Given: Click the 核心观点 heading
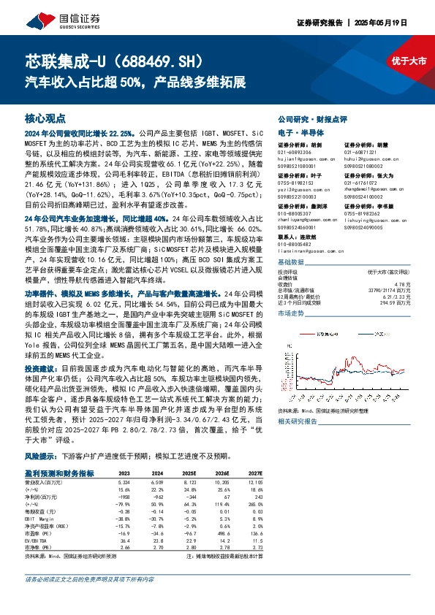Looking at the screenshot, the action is [x=45, y=118].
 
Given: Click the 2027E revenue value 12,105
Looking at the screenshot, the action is [x=254, y=483].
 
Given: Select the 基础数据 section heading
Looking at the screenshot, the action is [x=291, y=263].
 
